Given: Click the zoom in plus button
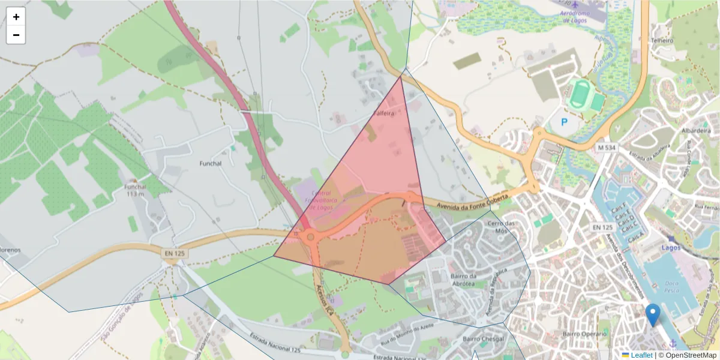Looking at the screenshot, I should point(16,17).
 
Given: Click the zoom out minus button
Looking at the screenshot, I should point(16,35).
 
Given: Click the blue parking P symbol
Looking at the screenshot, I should point(563,122).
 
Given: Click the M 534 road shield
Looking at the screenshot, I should point(607,147).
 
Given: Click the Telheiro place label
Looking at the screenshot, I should point(662,41).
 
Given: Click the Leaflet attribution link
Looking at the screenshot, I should point(640,355).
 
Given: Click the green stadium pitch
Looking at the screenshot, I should point(580,95).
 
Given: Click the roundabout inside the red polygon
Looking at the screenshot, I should point(310,238).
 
